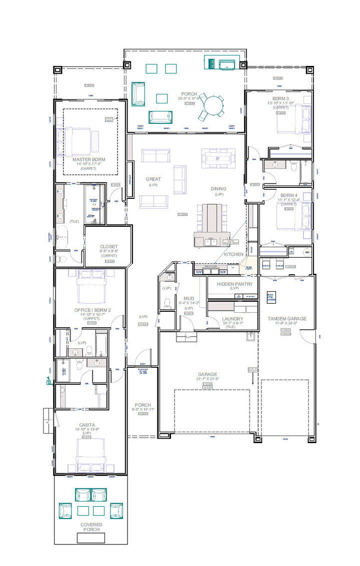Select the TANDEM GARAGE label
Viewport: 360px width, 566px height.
pyautogui.click(x=286, y=319)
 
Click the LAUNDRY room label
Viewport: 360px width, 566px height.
pyautogui.click(x=232, y=319)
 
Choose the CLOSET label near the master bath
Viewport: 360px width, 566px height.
pyautogui.click(x=108, y=246)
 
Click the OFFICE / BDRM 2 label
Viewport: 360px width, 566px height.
pyautogui.click(x=92, y=310)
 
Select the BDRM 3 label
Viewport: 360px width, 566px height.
pyautogui.click(x=281, y=98)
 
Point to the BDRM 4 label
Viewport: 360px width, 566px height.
pyautogui.click(x=287, y=195)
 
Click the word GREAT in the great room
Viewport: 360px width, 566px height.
pyautogui.click(x=153, y=179)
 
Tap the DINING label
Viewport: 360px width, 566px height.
pyautogui.click(x=218, y=188)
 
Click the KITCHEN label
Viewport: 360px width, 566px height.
pyautogui.click(x=233, y=254)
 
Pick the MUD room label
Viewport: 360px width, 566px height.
pyautogui.click(x=188, y=298)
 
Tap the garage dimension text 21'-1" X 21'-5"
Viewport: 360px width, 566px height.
pyautogui.click(x=207, y=379)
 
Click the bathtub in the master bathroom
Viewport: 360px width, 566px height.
pyautogui.click(x=62, y=235)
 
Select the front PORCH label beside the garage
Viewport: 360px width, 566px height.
pyautogui.click(x=142, y=405)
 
